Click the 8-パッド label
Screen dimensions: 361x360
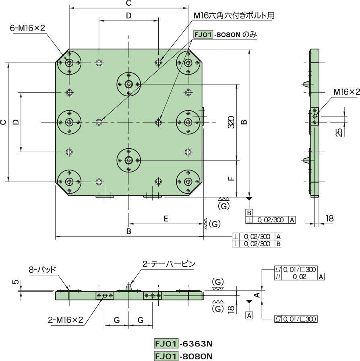point(42,269)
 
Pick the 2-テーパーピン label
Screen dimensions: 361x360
point(169,264)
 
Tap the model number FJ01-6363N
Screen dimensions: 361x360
point(183,344)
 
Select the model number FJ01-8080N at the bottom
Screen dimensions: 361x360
point(183,356)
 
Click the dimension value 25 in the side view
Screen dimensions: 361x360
point(339,131)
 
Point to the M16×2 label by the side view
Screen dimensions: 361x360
point(346,92)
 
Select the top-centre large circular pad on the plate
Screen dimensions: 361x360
point(129,84)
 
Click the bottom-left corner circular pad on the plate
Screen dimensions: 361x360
point(69,181)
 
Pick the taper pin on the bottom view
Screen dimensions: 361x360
point(129,287)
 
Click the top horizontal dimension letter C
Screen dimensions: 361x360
point(128,4)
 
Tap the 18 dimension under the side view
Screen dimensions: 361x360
point(329,218)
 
